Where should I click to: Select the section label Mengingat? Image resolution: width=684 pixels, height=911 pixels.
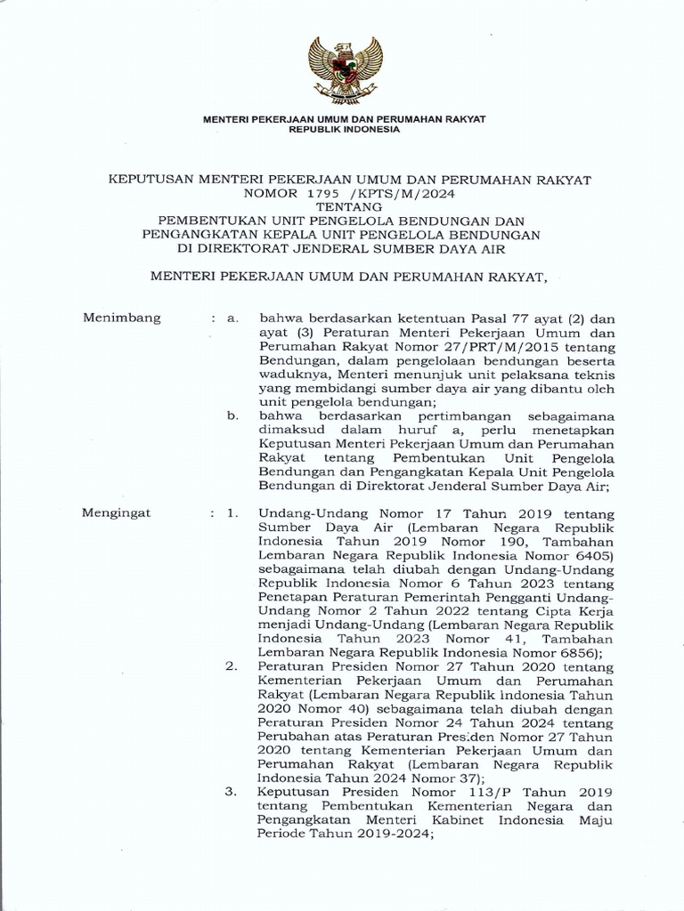(117, 513)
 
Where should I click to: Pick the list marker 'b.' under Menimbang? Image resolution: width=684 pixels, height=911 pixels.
(233, 415)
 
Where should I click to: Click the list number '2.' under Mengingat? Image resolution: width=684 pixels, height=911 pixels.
(232, 666)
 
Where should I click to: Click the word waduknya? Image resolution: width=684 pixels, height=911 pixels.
(292, 375)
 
